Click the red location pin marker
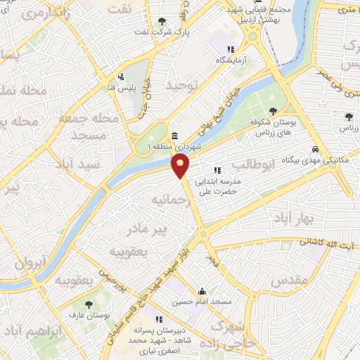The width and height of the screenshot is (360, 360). tap(181, 166)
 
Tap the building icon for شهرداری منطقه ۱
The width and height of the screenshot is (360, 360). tap(174, 136)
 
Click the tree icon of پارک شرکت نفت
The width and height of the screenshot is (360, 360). tap(162, 21)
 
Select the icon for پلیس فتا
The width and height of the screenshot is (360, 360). tap(121, 77)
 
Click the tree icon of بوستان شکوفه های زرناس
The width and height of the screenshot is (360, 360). tap(273, 110)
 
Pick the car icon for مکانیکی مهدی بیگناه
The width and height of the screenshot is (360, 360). tap(317, 150)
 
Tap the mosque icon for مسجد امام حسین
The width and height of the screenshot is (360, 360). tap(202, 291)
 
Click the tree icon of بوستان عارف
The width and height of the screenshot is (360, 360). tap(88, 304)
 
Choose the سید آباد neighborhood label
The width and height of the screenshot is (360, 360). tap(100, 163)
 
